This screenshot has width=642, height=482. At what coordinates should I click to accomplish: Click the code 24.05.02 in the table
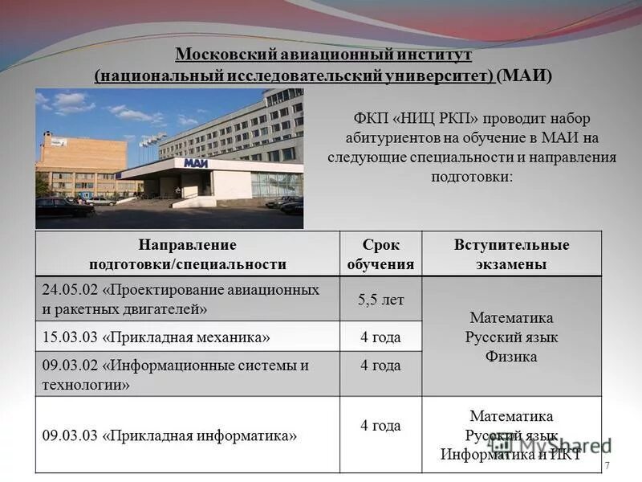[x=71, y=290]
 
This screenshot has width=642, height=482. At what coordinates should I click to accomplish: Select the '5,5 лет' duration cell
[x=380, y=300]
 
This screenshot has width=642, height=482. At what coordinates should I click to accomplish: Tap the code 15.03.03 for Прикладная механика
[x=71, y=337]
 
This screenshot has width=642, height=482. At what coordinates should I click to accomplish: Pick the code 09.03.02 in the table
[x=71, y=366]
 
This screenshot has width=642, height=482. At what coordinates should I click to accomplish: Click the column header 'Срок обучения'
[x=380, y=254]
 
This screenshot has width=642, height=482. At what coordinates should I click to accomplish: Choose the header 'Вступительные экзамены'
[x=511, y=254]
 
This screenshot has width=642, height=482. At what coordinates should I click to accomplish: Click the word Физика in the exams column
[x=511, y=357]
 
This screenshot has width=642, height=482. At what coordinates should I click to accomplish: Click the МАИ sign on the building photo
[x=195, y=163]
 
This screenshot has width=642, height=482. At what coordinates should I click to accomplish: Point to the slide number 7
[x=607, y=467]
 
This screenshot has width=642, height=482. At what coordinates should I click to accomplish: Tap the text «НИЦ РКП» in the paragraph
[x=433, y=118]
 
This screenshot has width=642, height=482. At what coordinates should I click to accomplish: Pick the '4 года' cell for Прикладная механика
[x=380, y=337]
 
